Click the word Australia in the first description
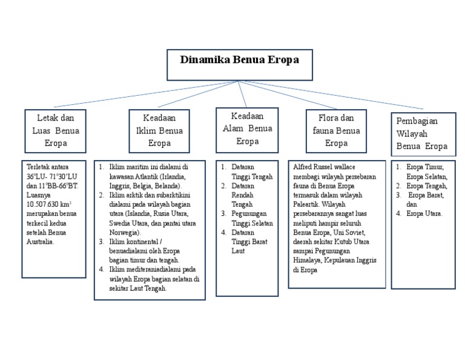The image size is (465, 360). coord(41,241)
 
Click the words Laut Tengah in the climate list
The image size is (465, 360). coord(148,288)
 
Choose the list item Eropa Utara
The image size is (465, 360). coord(424,214)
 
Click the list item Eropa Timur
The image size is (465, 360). coord(425,167)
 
